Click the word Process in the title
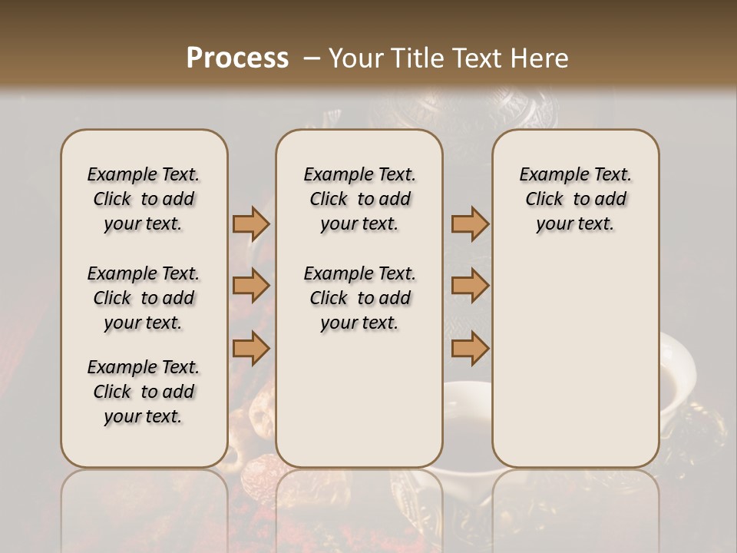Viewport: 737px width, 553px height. click(237, 58)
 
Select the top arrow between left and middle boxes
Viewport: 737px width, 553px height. click(251, 224)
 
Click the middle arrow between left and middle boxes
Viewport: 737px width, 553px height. click(251, 286)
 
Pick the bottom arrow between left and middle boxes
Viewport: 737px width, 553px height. click(251, 349)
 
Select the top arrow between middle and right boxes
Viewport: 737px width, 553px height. click(470, 224)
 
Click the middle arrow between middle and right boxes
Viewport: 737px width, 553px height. click(470, 286)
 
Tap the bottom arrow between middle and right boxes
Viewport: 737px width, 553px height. click(470, 349)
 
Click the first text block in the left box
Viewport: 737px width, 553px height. click(144, 199)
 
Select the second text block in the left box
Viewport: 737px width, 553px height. click(144, 298)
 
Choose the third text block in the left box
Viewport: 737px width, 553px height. click(144, 392)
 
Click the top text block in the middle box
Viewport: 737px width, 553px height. click(359, 199)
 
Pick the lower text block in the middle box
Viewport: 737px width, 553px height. click(359, 298)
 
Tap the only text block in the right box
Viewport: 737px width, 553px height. click(575, 199)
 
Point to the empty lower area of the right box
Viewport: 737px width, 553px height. click(575, 361)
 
